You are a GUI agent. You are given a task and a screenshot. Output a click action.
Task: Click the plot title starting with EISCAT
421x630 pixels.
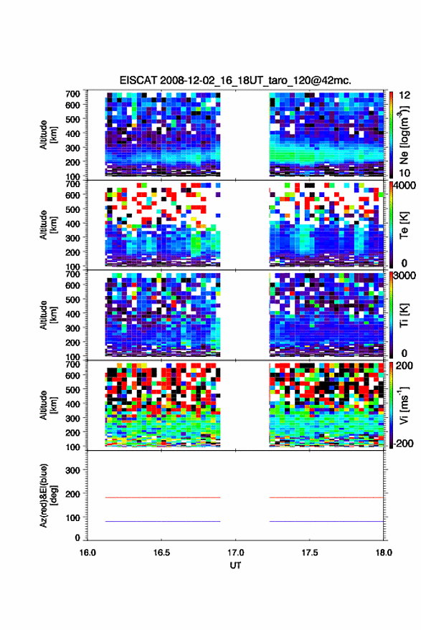[235, 80]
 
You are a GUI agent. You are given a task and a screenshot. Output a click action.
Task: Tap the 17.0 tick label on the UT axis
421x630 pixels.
[235, 553]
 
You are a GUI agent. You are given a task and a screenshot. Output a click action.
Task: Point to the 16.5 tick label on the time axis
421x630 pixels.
[161, 553]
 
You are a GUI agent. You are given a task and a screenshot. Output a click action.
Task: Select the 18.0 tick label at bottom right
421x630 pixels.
[384, 553]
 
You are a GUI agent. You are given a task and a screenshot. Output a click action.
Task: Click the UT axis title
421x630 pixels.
[235, 565]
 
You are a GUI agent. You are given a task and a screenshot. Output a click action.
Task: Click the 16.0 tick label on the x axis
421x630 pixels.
[87, 553]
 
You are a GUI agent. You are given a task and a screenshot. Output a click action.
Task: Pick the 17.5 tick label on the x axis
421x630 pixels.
[309, 553]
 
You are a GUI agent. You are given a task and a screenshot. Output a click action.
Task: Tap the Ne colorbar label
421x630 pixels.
[404, 135]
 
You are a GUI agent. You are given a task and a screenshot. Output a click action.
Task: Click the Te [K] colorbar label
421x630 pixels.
[404, 225]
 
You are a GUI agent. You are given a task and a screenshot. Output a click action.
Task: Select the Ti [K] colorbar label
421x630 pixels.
[404, 315]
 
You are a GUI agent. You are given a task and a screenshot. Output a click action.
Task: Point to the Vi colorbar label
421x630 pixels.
[404, 405]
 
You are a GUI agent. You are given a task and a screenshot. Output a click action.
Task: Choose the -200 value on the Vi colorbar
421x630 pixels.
[402, 443]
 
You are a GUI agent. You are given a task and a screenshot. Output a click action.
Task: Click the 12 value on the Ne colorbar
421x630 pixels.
[405, 95]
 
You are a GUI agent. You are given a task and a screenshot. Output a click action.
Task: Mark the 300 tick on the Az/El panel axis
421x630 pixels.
[72, 470]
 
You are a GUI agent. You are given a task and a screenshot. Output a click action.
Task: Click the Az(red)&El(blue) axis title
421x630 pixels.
[48, 495]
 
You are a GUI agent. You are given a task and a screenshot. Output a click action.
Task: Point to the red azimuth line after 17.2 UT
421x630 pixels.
[326, 497]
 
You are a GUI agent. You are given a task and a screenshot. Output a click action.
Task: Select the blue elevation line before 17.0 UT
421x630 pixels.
[163, 521]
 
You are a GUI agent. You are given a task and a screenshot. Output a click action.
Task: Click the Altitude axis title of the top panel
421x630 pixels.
[48, 135]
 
